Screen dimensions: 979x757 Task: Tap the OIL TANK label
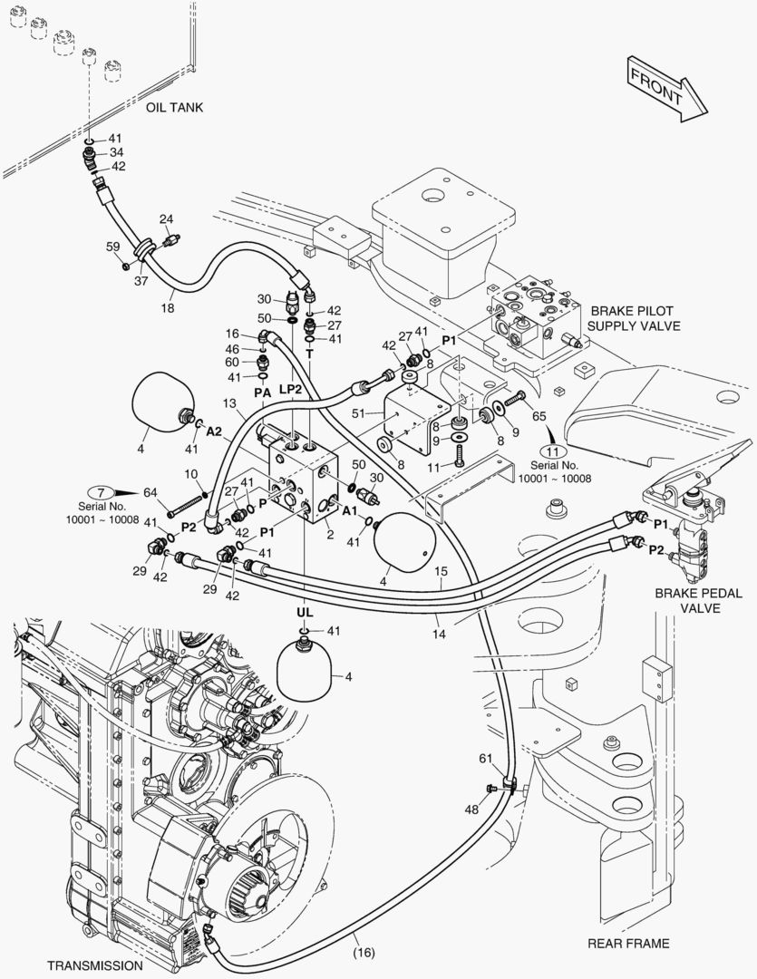pos(175,107)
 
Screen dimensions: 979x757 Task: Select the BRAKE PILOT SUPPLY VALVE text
pos(634,317)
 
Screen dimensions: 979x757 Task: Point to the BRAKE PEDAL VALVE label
pos(699,600)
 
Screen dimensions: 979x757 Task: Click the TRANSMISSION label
pos(96,965)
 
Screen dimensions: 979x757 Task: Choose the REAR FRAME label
pos(628,944)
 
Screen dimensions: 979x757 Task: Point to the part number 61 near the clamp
pos(487,758)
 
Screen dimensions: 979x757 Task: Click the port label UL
pos(304,614)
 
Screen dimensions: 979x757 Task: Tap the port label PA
pos(262,393)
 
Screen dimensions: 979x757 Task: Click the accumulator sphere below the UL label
pos(305,668)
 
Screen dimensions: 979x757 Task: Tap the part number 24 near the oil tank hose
pos(166,219)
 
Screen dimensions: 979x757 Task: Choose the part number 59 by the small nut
pos(113,247)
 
